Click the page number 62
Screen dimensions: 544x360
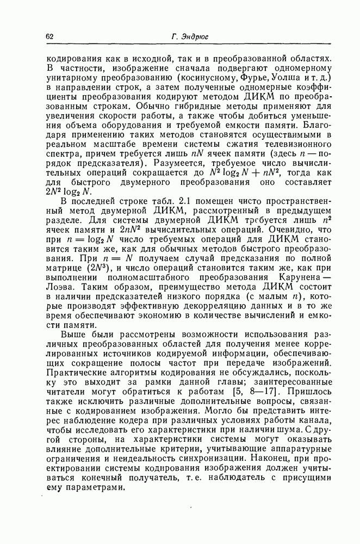[x=49, y=36]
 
